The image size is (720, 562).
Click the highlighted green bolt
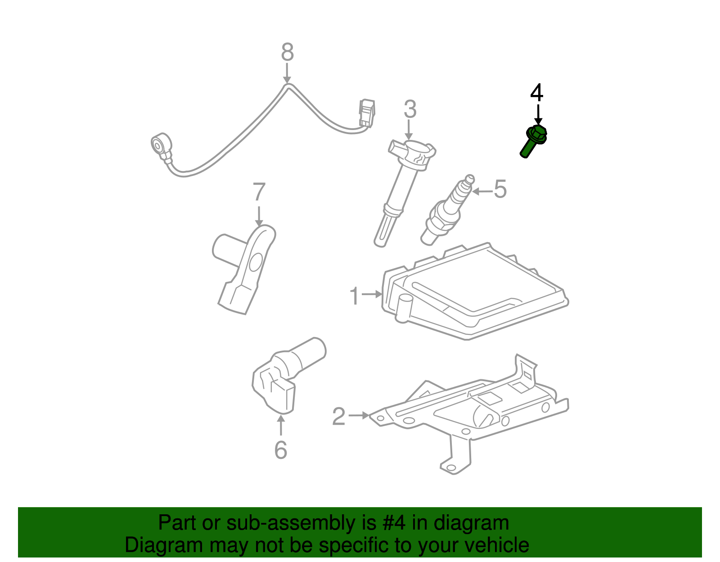click(534, 140)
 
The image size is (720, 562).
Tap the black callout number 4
click(536, 93)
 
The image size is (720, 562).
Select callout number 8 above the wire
click(287, 52)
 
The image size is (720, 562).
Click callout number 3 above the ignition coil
click(409, 109)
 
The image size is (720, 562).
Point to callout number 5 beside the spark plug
click(500, 189)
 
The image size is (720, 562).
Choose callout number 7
click(259, 193)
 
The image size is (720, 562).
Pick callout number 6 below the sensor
click(280, 450)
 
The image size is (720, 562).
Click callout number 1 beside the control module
click(355, 296)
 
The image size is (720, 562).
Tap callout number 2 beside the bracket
click(338, 417)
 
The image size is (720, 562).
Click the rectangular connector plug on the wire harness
click(366, 113)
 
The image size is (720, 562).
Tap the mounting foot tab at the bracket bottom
click(452, 466)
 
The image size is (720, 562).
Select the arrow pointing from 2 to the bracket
click(359, 415)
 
